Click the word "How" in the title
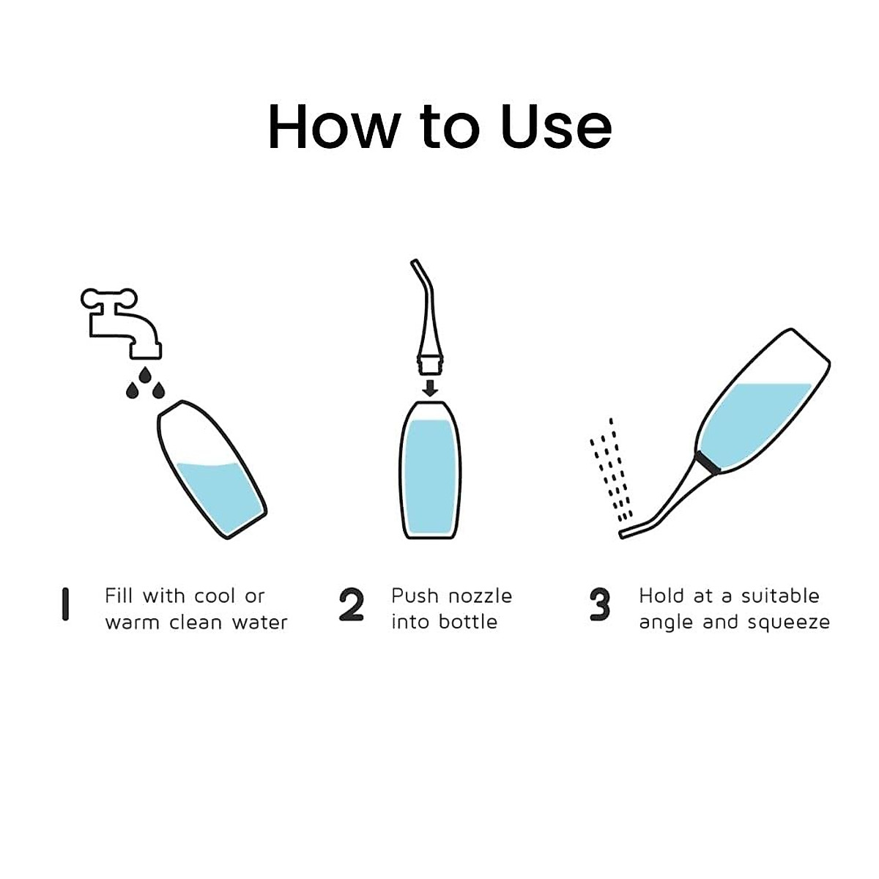click(334, 126)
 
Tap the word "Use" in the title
click(557, 126)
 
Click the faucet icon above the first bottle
click(122, 323)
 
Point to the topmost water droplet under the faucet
click(145, 375)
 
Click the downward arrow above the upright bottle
click(430, 387)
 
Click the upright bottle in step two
click(430, 470)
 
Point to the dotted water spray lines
click(612, 470)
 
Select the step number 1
click(66, 604)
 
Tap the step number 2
click(352, 604)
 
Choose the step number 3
click(599, 604)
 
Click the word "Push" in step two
click(415, 596)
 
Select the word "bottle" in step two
click(467, 621)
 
